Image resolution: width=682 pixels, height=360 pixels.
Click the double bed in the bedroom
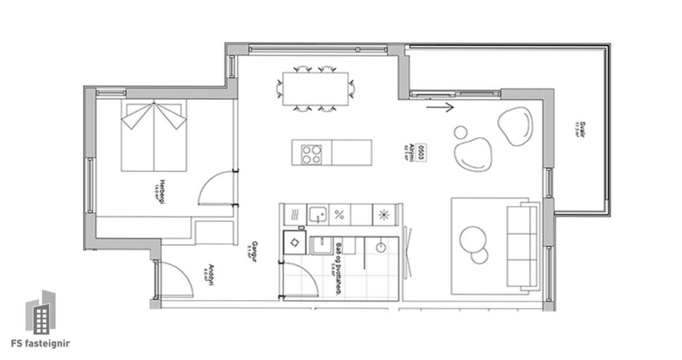[x=154, y=136]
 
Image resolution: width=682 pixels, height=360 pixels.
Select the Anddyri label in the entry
[x=207, y=275]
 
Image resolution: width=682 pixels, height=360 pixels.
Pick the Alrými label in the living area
[x=408, y=150]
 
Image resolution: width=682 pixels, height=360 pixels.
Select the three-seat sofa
[x=522, y=246]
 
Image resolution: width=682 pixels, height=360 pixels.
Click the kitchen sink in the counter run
[x=318, y=214]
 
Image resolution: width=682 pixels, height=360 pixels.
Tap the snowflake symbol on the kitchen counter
[x=384, y=214]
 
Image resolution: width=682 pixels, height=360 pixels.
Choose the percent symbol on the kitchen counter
[x=340, y=214]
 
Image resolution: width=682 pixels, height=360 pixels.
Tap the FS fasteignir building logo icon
[x=41, y=312]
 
